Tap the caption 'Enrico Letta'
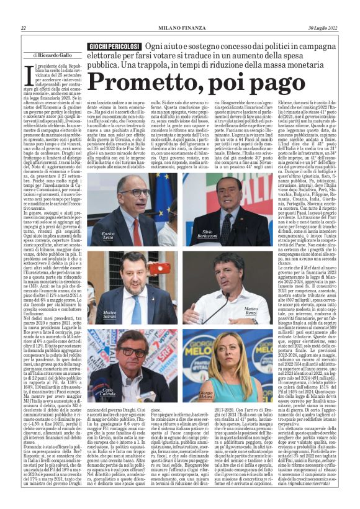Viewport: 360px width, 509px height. coord(94,235)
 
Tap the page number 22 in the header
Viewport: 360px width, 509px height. coord(24,29)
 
